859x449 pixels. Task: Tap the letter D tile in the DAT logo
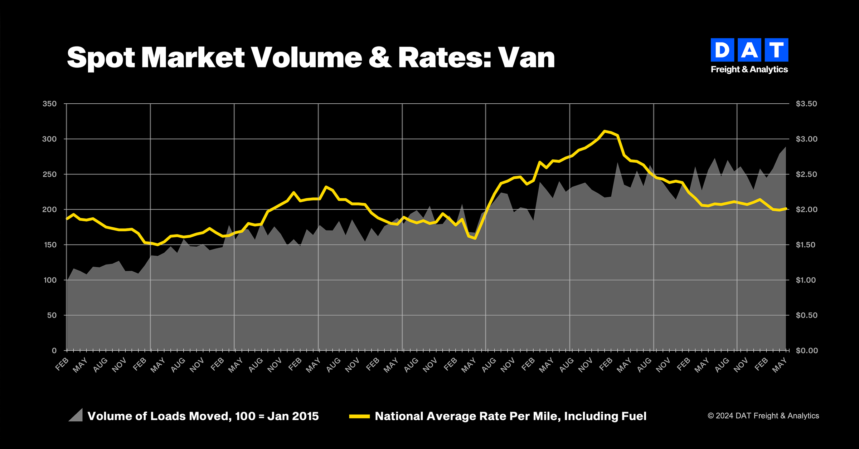click(x=722, y=50)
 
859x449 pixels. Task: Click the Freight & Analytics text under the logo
click(x=749, y=69)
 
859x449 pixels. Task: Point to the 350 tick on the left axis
click(x=49, y=104)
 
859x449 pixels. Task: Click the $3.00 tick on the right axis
click(x=806, y=139)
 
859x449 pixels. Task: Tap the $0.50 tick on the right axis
click(x=806, y=315)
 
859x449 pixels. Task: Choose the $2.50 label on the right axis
click(x=806, y=174)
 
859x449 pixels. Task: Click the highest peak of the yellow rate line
click(x=605, y=131)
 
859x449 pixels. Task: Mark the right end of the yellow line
click(x=786, y=208)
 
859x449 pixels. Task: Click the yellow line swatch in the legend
click(x=359, y=416)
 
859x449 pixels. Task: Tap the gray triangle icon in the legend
click(x=76, y=415)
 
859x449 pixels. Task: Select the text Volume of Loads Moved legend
click(x=203, y=416)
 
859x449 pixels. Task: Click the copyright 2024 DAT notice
click(x=763, y=416)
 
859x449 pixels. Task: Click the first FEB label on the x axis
click(x=62, y=364)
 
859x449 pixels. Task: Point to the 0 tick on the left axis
click(x=54, y=351)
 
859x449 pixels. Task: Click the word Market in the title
click(x=193, y=58)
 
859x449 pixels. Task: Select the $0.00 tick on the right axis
click(x=806, y=351)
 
